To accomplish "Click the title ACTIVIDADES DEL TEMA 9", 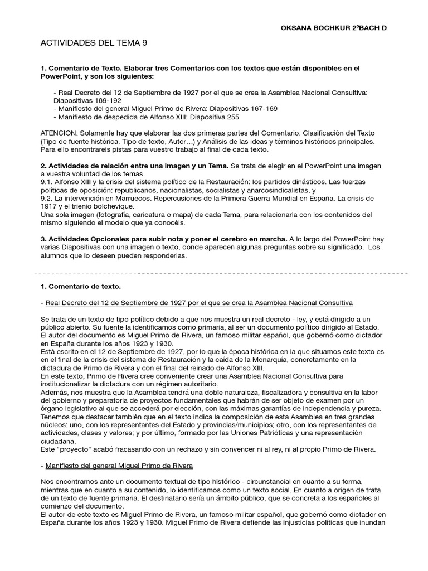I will coord(94,43).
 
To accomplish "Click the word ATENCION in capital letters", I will coord(59,134).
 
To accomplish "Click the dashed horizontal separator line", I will coord(223,274).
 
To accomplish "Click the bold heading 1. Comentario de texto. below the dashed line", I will coord(80,287).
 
